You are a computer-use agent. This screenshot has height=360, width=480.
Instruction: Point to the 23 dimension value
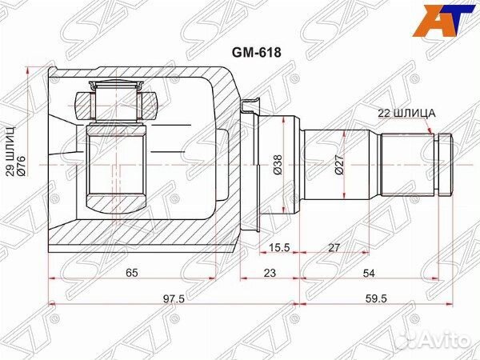[x=270, y=273]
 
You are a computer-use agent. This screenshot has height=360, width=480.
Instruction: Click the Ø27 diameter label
[x=339, y=164]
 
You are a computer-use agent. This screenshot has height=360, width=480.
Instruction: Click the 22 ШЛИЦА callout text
[x=405, y=114]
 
